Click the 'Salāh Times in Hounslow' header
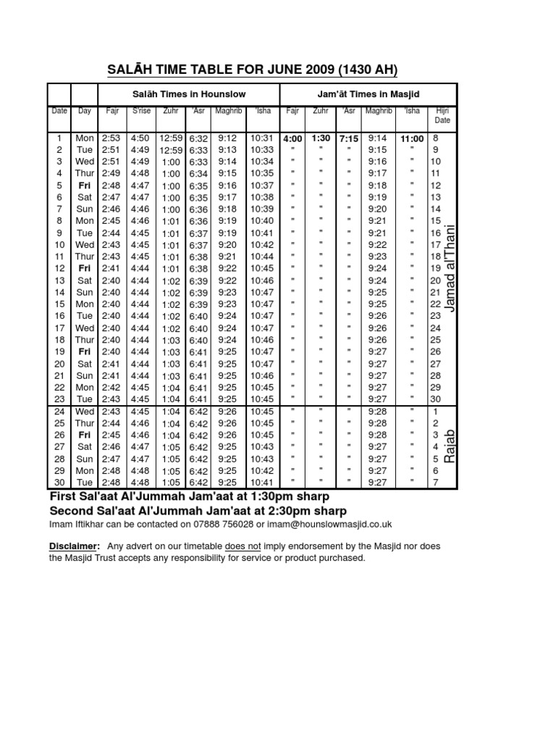pyautogui.click(x=189, y=95)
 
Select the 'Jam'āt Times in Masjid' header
pyautogui.click(x=368, y=95)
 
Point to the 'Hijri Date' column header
pyautogui.click(x=442, y=115)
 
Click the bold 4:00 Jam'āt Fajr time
pyautogui.click(x=293, y=138)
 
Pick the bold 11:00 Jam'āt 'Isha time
pyautogui.click(x=412, y=138)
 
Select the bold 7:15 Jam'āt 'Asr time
pyautogui.click(x=349, y=138)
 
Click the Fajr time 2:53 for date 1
pyautogui.click(x=111, y=138)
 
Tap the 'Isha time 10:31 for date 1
pyautogui.click(x=261, y=138)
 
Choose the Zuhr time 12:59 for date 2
pyautogui.click(x=171, y=150)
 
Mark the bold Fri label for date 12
pyautogui.click(x=85, y=268)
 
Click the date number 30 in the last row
pyautogui.click(x=59, y=483)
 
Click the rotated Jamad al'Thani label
pyautogui.click(x=451, y=268)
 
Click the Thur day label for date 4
pyautogui.click(x=85, y=173)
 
